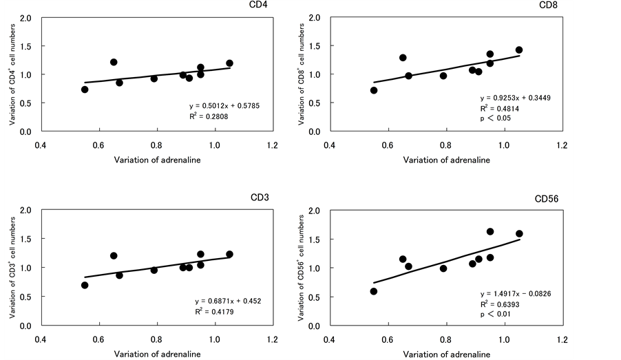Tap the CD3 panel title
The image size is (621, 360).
259,198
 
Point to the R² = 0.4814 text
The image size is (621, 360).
498,108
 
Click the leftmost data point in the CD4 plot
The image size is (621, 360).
85,89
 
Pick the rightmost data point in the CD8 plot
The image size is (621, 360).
519,50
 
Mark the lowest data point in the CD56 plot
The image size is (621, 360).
374,291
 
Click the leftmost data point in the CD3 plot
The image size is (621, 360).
85,285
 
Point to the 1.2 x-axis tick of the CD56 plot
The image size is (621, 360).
561,339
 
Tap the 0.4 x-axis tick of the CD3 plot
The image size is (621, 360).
41,339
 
